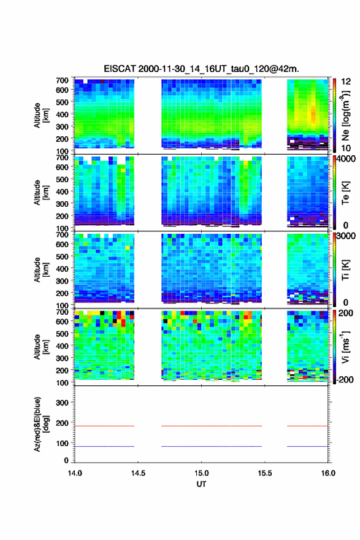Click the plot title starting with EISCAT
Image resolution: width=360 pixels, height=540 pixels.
201,69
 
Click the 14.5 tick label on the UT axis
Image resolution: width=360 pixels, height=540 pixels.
138,473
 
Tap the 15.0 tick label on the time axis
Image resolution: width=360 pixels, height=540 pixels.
201,473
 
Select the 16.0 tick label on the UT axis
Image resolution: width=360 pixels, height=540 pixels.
328,473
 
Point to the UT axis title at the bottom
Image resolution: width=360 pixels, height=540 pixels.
201,484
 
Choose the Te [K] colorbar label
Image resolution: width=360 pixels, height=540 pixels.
345,193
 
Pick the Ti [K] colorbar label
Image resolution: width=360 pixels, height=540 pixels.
345,269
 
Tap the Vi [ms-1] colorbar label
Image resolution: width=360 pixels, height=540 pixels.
345,347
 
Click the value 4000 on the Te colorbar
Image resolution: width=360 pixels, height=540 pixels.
347,159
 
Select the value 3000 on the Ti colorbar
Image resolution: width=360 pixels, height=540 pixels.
347,236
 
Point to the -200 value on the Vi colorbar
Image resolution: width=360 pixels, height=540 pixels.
345,379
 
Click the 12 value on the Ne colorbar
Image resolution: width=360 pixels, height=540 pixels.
347,82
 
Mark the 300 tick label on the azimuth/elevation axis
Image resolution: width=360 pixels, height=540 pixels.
63,403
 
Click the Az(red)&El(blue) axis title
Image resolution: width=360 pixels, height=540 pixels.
41,424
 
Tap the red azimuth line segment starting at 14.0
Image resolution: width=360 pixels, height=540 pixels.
104,426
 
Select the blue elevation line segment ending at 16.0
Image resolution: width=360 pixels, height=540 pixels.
308,446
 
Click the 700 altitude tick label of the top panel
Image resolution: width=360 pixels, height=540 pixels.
63,80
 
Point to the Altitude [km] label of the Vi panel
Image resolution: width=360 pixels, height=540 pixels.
41,347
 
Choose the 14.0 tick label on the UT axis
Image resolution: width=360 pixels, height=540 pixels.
75,473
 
